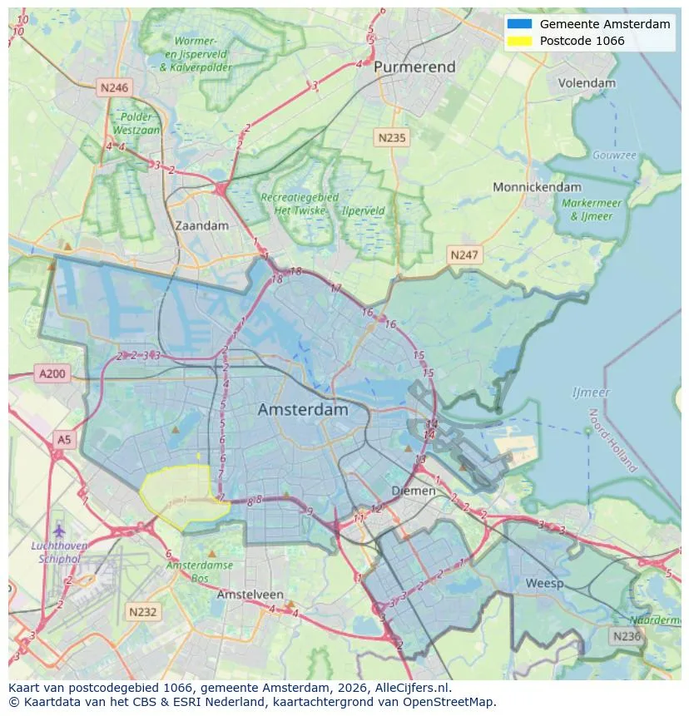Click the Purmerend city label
414,67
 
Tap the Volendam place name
587,83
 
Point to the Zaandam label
201,225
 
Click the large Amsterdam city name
303,410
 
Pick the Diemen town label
414,491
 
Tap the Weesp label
544,583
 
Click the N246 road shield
113,87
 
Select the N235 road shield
390,137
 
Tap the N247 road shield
463,254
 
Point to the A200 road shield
52,374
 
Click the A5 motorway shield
63,438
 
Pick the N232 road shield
141,612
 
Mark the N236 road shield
626,636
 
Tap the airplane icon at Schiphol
58,530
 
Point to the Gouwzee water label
614,156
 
